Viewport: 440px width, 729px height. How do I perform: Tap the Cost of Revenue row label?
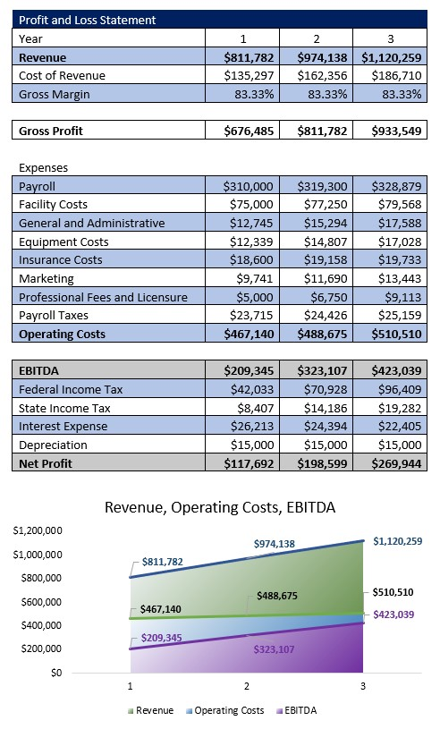(x=62, y=75)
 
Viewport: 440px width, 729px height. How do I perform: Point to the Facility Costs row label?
(x=54, y=205)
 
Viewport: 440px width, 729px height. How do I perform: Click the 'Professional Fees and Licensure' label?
(x=103, y=297)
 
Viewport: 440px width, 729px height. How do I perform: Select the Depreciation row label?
(x=53, y=445)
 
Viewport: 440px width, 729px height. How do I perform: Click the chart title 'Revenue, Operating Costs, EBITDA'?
(x=219, y=507)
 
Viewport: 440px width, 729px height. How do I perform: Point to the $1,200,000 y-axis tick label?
(x=37, y=530)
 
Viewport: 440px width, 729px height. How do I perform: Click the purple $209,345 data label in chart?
(x=162, y=638)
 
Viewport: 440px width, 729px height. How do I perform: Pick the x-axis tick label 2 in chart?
(x=247, y=685)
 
